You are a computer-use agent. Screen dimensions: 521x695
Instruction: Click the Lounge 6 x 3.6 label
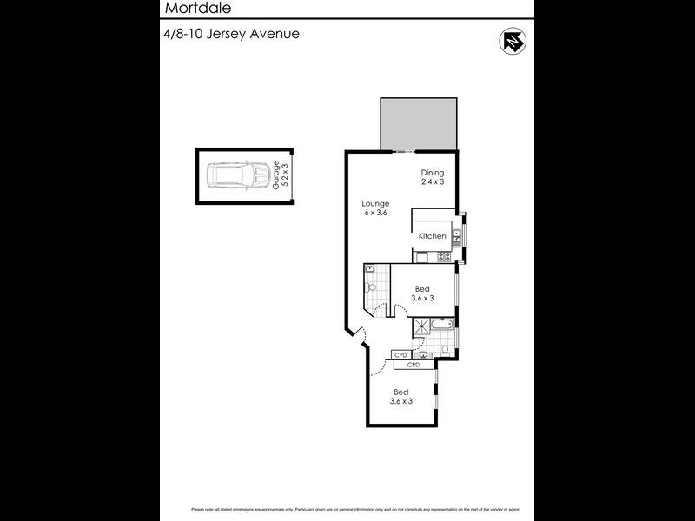point(375,208)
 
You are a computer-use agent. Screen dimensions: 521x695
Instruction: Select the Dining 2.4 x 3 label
point(432,177)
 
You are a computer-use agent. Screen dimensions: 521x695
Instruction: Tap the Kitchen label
point(432,236)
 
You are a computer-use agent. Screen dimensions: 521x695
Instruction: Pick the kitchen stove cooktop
point(442,256)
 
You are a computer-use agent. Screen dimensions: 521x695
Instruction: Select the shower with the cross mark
point(422,326)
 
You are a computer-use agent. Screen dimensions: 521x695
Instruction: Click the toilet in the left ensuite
point(370,287)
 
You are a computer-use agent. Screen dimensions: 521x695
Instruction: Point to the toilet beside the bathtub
point(444,349)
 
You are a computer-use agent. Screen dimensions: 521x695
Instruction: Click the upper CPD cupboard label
point(400,355)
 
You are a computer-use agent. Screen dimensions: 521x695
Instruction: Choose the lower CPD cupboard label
point(414,365)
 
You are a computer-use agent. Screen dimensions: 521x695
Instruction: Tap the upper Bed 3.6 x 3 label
point(422,293)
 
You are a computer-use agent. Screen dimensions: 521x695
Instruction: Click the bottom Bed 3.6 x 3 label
point(400,396)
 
